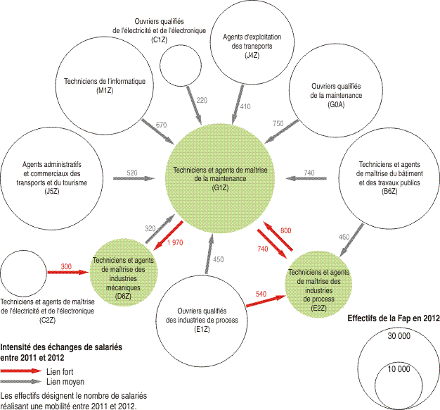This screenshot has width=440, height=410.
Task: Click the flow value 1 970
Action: coord(175,242)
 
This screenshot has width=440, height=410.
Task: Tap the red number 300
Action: coord(66,266)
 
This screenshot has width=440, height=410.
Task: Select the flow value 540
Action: coord(261,294)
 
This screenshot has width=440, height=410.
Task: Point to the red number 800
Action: coord(285,230)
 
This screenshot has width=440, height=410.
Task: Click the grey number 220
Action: coord(202,101)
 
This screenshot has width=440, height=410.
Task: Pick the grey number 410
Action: coord(245,106)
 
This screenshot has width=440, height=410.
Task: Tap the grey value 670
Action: coord(161,125)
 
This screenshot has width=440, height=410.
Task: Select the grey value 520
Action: coord(132,173)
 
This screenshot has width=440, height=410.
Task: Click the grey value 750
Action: coord(278,123)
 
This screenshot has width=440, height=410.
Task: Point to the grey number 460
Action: coord(344,237)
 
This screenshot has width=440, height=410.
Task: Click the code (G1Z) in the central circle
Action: coord(220,187)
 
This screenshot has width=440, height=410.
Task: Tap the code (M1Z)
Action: coord(105,91)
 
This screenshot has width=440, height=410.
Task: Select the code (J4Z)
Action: coord(252,55)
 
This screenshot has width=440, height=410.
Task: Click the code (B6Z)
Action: coord(389,192)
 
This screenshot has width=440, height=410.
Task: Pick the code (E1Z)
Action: coord(202,329)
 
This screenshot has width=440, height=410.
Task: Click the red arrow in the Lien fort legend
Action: coord(21,371)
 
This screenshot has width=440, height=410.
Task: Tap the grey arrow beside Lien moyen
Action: coord(21,382)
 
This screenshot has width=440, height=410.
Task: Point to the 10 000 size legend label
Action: coord(399,369)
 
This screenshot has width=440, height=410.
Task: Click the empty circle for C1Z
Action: coord(181,66)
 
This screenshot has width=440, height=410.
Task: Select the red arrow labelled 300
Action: coord(68,272)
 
